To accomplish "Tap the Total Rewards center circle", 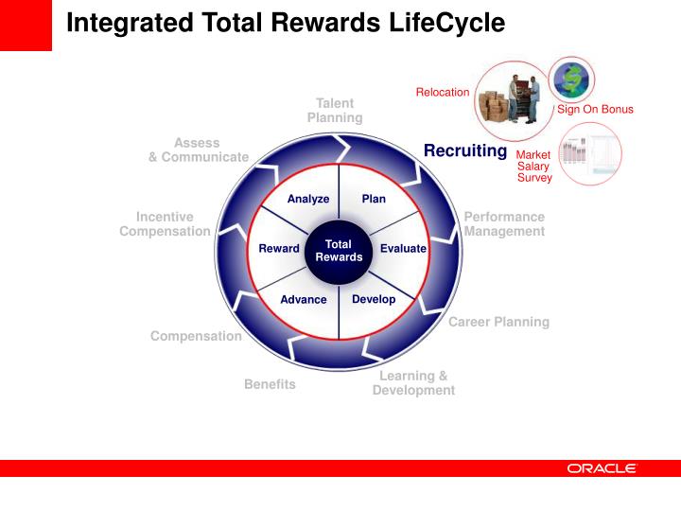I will pyautogui.click(x=339, y=251).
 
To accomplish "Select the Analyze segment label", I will pyautogui.click(x=308, y=199).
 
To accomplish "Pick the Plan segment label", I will pyautogui.click(x=374, y=199).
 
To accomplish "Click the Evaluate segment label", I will pyautogui.click(x=403, y=249).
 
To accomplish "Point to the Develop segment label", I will pyautogui.click(x=374, y=299).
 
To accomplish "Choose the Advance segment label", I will pyautogui.click(x=304, y=300).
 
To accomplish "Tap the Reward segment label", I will pyautogui.click(x=279, y=249).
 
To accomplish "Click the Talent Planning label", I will pyautogui.click(x=335, y=111).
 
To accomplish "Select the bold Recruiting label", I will pyautogui.click(x=465, y=151).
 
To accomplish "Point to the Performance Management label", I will pyautogui.click(x=504, y=224).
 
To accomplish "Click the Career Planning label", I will pyautogui.click(x=498, y=322).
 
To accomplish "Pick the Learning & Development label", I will pyautogui.click(x=413, y=383).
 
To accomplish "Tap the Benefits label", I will pyautogui.click(x=270, y=384).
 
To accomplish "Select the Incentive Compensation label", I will pyautogui.click(x=165, y=224).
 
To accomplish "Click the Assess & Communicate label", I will pyautogui.click(x=199, y=150).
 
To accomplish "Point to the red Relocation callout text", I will pyautogui.click(x=443, y=92).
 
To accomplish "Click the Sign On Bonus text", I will pyautogui.click(x=595, y=110).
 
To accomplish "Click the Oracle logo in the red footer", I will pyautogui.click(x=602, y=468).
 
